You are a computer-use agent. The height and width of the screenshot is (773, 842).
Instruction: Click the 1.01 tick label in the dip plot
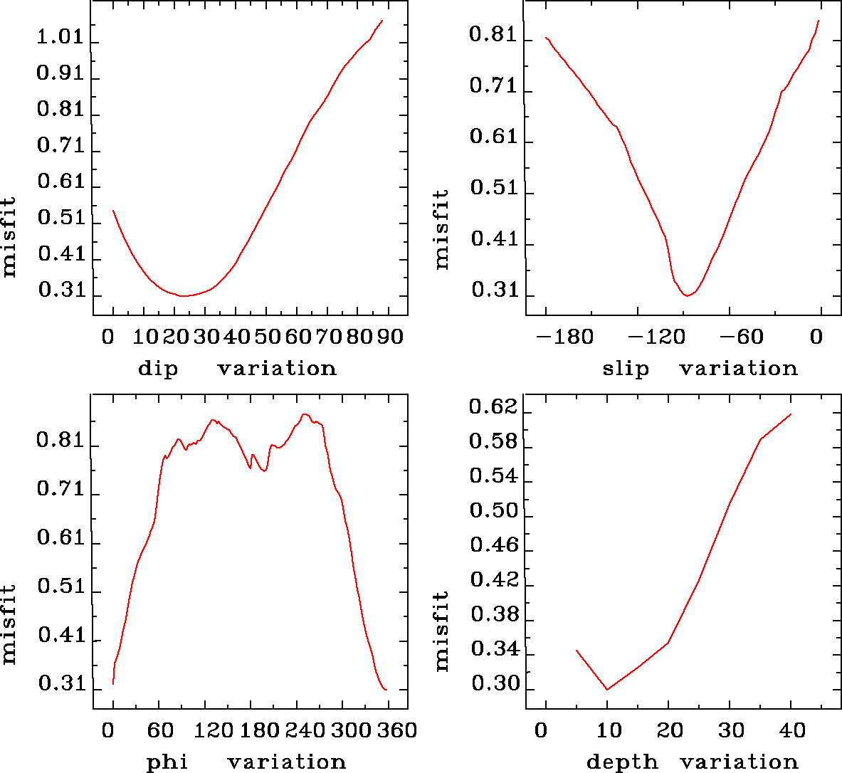60,38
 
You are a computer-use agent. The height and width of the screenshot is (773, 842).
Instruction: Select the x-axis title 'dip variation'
236,369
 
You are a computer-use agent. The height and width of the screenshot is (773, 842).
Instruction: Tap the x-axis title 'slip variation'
700,369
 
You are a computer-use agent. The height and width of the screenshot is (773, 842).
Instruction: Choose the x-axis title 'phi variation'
246,762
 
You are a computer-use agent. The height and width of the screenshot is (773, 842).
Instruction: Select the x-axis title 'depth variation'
692,762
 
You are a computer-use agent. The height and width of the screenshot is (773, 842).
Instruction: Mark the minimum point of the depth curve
607,689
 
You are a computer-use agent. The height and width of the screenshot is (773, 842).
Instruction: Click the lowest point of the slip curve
687,295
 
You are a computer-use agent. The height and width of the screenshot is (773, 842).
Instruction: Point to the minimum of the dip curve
184,295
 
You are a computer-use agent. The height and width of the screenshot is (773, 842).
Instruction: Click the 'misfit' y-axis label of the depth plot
442,631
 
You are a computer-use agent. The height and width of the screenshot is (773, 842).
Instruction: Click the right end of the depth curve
791,414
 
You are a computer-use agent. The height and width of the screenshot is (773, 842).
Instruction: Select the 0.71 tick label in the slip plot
493,87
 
